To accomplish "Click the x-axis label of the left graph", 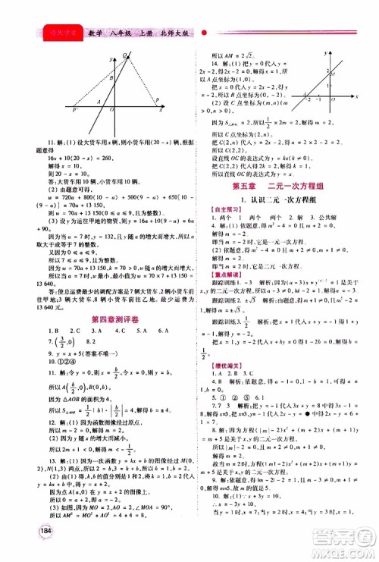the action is point(161,111).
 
